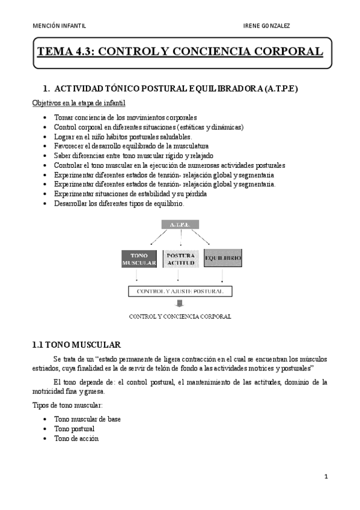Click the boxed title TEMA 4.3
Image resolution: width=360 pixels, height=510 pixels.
[x=180, y=52]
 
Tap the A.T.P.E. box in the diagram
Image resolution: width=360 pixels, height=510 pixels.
[x=180, y=224]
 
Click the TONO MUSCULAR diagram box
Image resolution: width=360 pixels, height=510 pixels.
[x=139, y=259]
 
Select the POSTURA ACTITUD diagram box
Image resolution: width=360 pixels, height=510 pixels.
[x=180, y=258]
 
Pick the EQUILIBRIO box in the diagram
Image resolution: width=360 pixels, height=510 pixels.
[x=223, y=259]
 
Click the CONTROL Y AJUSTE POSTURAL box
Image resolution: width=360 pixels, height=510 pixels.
[x=180, y=291]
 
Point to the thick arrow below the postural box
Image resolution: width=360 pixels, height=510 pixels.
[x=180, y=304]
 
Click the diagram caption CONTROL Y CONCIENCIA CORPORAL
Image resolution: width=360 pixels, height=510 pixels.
[x=180, y=316]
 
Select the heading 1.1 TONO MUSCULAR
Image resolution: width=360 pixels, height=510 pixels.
[x=76, y=345]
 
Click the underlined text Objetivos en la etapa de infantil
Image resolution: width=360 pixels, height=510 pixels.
[x=78, y=103]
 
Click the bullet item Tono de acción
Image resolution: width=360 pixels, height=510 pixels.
[x=76, y=438]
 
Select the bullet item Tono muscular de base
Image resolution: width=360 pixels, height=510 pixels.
[x=87, y=419]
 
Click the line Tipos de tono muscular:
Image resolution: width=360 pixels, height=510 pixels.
[x=67, y=405]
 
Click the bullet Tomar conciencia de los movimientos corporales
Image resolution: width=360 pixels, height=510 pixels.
[x=125, y=117]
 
